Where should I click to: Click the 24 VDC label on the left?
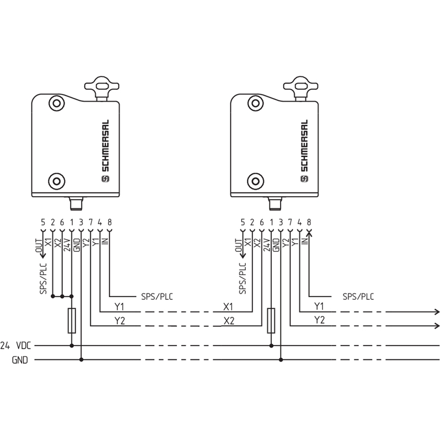click(17, 346)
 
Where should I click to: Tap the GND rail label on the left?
click(20, 361)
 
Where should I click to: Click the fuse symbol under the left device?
click(72, 321)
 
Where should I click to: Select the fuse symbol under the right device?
click(271, 321)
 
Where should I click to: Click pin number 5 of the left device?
click(43, 222)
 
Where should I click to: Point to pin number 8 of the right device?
click(309, 222)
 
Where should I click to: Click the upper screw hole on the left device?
click(56, 103)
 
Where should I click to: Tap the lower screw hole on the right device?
click(254, 180)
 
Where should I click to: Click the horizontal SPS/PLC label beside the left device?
click(157, 296)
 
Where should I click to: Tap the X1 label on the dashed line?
click(228, 306)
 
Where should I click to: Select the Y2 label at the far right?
click(319, 320)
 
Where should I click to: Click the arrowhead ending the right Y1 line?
click(437, 311)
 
